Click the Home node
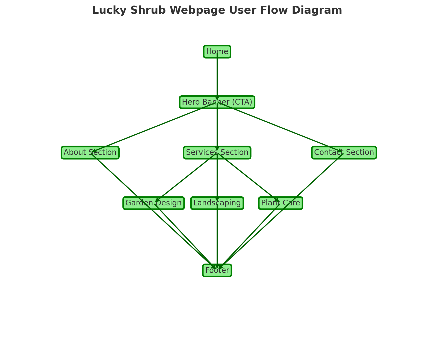coord(217,52)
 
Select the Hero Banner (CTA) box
coord(217,102)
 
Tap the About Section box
coord(90,153)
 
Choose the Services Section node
coord(217,153)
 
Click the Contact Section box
coord(344,153)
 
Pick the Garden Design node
coord(153,203)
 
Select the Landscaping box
coord(217,203)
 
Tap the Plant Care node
coord(281,203)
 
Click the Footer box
coord(217,270)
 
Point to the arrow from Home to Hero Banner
coord(217,76)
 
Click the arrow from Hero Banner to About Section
coord(153,127)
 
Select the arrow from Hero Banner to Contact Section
coord(281,127)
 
